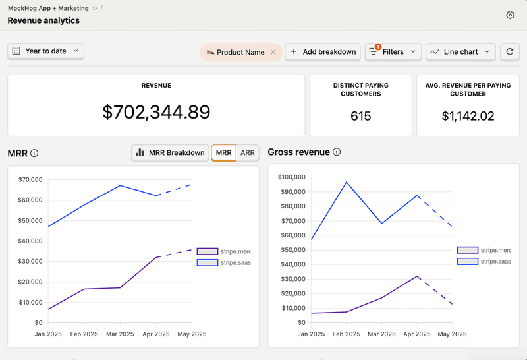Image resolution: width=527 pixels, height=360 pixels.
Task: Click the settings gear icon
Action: point(510,15)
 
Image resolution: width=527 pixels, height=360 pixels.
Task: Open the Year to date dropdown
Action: point(45,51)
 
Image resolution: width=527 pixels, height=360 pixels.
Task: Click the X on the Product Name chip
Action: point(273,52)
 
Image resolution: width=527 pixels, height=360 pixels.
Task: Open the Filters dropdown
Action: point(393,51)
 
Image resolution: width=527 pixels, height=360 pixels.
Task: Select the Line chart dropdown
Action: point(460,51)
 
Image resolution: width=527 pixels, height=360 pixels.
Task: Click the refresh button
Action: point(510,51)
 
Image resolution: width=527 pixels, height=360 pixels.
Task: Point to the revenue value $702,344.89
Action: point(156,112)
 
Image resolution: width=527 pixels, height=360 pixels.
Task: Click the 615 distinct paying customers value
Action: point(360,116)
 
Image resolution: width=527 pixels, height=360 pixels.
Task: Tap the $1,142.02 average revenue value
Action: point(468,116)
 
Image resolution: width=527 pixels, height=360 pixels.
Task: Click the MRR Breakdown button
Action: point(170,152)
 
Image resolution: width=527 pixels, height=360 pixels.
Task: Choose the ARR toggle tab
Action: point(248,152)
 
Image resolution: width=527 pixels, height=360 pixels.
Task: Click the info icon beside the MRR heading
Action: point(34,153)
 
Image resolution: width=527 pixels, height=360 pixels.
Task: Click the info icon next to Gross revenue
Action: point(337,152)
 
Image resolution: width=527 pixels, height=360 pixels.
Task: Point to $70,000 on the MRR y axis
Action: point(30,179)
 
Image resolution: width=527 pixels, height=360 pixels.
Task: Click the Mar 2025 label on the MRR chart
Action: point(120,334)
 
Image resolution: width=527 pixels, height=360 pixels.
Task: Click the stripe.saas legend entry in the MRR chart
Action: point(223,262)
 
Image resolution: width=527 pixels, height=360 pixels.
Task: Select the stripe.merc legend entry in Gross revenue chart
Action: point(484,250)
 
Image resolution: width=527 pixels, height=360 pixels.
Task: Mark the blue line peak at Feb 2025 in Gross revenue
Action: point(347,182)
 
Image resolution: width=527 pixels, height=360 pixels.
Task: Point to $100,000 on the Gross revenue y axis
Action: point(292,177)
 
